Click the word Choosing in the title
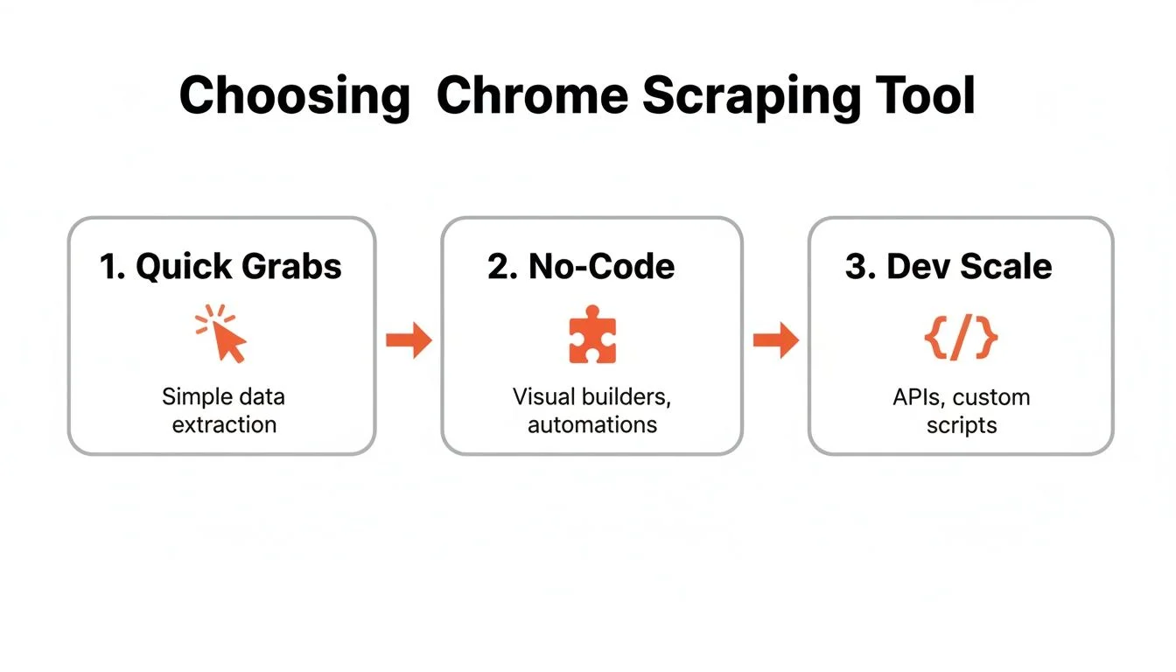point(294,96)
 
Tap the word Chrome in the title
point(532,96)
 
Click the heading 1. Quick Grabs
point(220,267)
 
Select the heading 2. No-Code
point(581,267)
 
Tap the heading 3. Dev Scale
point(948,267)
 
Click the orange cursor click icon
point(222,334)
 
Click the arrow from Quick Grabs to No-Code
point(409,340)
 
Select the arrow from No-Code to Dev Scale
point(775,340)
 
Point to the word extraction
point(224,425)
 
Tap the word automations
point(592,425)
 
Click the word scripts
point(961,425)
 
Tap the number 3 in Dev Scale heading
point(855,267)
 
